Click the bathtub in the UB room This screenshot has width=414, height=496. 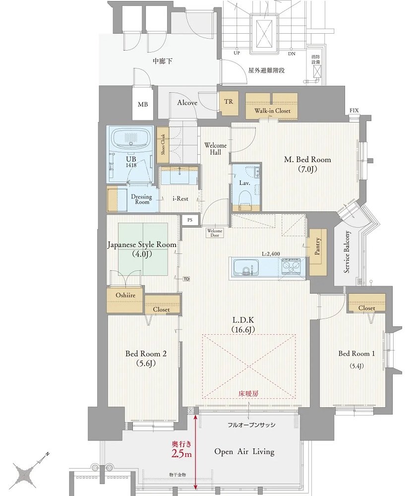pyautogui.click(x=131, y=139)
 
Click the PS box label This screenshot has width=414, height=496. pyautogui.click(x=190, y=220)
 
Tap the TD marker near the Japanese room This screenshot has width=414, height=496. pyautogui.click(x=186, y=279)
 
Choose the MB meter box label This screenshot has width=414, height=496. pyautogui.click(x=142, y=104)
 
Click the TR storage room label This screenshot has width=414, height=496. pyautogui.click(x=229, y=102)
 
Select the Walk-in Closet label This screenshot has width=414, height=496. pyautogui.click(x=272, y=111)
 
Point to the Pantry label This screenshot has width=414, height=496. pyautogui.click(x=317, y=247)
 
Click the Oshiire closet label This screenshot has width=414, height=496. pyautogui.click(x=125, y=295)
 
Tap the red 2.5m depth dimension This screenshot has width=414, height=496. pyautogui.click(x=181, y=454)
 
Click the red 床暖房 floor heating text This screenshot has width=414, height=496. pyautogui.click(x=248, y=394)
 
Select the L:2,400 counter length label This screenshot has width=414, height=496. pyautogui.click(x=271, y=253)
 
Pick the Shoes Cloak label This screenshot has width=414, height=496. pyautogui.click(x=163, y=144)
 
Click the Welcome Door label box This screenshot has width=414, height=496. pyautogui.click(x=215, y=233)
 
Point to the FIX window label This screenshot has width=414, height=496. pyautogui.click(x=354, y=111)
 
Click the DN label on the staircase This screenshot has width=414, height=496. pyautogui.click(x=292, y=54)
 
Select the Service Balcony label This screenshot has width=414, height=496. pyautogui.click(x=347, y=252)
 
